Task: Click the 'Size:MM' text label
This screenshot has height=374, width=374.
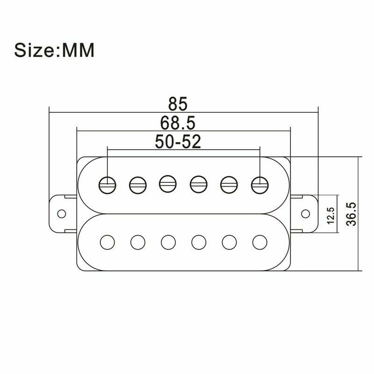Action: (54, 50)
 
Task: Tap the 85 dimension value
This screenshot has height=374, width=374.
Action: (183, 103)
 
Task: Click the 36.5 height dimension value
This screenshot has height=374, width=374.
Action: (352, 214)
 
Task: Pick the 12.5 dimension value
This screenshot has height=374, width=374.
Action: (331, 216)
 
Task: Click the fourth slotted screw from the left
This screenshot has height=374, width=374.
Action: (198, 184)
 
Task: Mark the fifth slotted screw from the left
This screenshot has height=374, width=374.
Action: (228, 184)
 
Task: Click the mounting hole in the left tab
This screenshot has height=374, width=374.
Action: (61, 213)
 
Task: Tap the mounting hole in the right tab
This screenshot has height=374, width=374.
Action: (305, 213)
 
